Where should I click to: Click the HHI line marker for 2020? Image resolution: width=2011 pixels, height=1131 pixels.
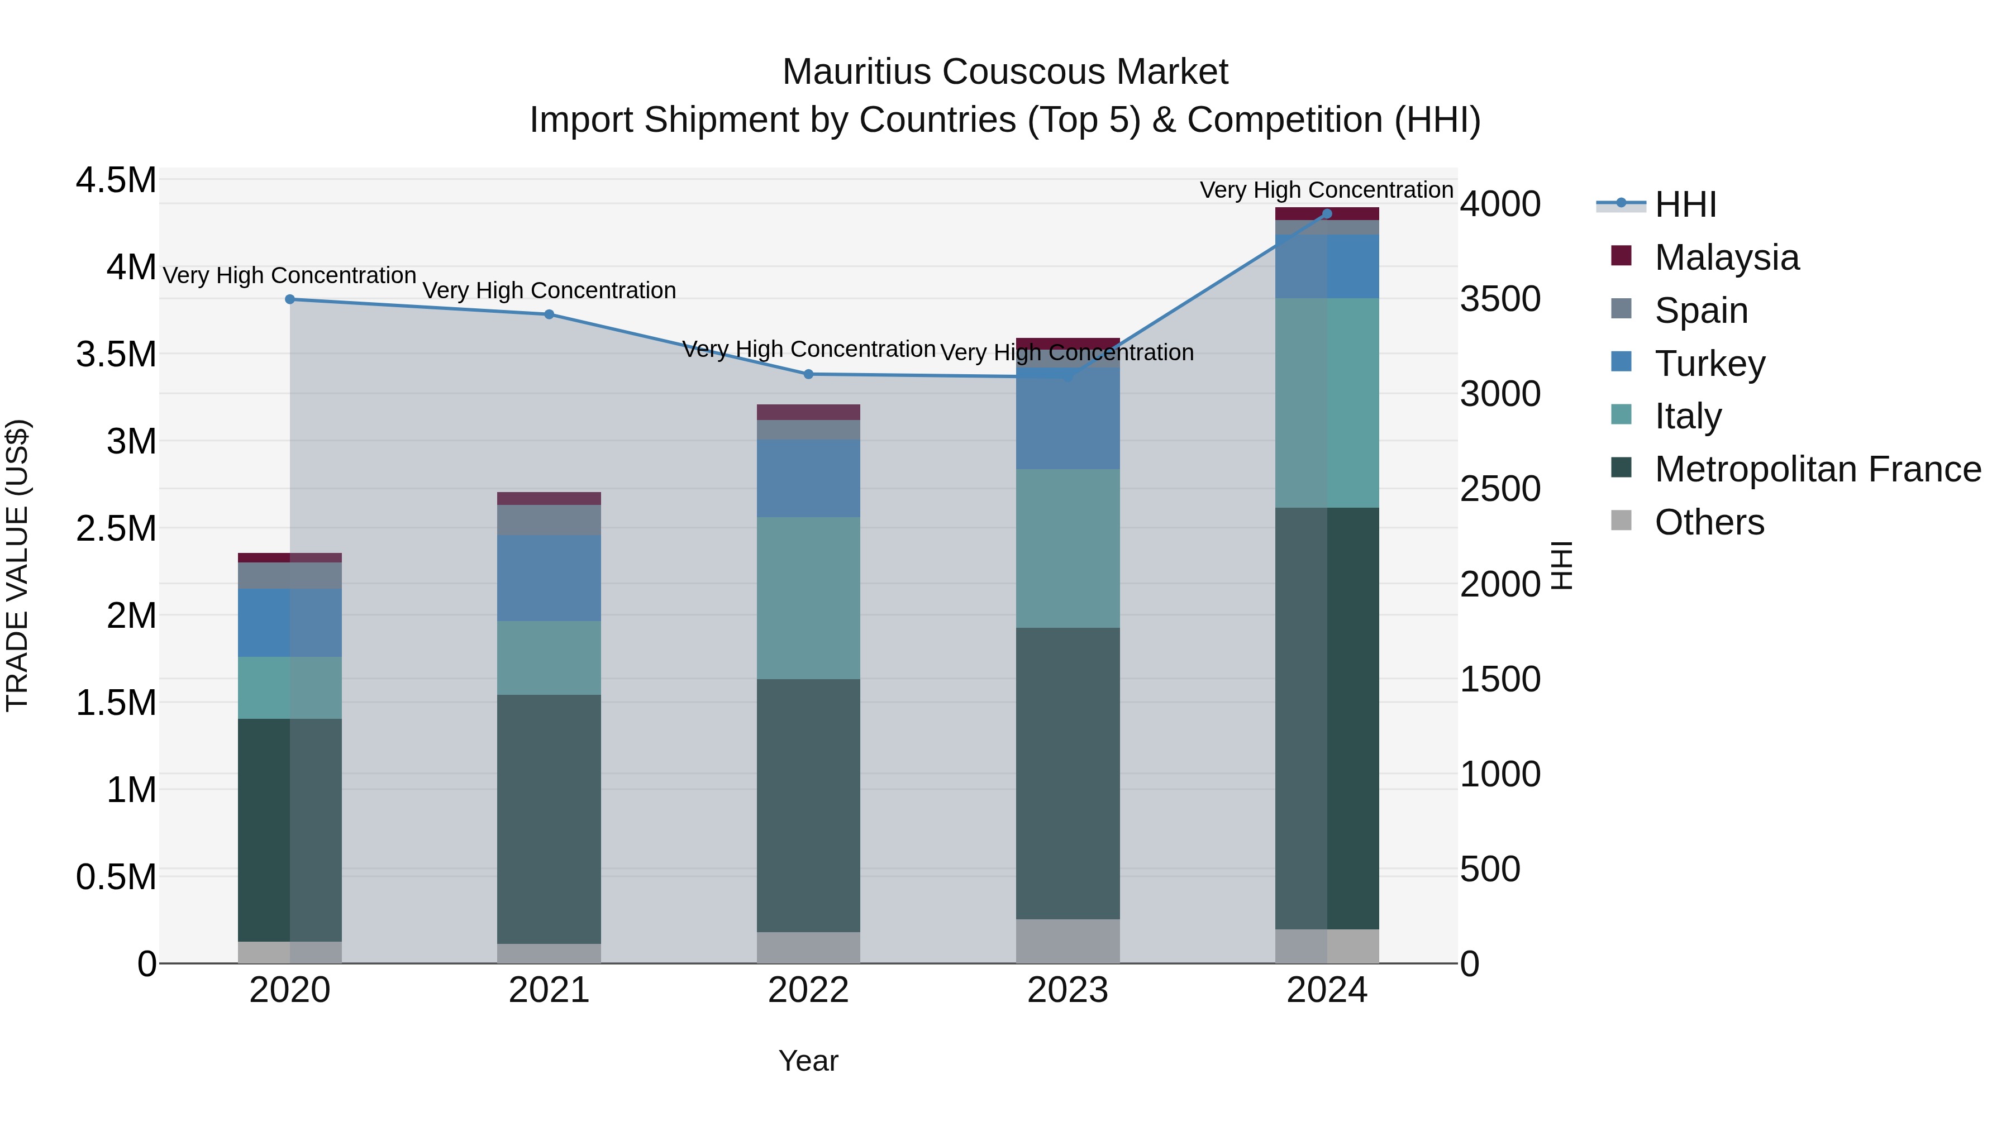point(289,299)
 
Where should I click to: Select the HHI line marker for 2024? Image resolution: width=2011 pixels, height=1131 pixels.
point(1327,214)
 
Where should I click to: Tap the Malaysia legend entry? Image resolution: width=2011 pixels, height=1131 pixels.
point(1726,257)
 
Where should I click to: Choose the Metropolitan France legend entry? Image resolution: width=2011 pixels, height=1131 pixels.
point(1817,469)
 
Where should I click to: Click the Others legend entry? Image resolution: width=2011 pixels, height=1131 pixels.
point(1709,522)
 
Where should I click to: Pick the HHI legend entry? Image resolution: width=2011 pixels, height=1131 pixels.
point(1685,204)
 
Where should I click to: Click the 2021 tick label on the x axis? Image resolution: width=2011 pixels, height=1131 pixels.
point(549,990)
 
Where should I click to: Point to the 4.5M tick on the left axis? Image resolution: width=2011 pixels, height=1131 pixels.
point(116,180)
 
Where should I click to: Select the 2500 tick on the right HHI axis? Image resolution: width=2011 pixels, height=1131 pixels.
point(1500,489)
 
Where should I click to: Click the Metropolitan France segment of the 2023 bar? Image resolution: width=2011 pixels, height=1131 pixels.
point(1068,773)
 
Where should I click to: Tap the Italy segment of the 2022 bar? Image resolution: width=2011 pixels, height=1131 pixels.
point(809,597)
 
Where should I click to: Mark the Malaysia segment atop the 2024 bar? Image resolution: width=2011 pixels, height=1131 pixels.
point(1327,213)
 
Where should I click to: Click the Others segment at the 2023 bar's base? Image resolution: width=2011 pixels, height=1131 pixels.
point(1068,941)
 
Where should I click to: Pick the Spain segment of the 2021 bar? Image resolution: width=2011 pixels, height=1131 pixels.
point(549,520)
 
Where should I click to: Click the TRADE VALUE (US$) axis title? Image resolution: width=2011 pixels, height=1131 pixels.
point(17,565)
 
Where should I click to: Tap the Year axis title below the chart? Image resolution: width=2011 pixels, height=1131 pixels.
point(808,1061)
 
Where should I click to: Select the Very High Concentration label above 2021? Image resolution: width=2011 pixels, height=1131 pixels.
point(549,290)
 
